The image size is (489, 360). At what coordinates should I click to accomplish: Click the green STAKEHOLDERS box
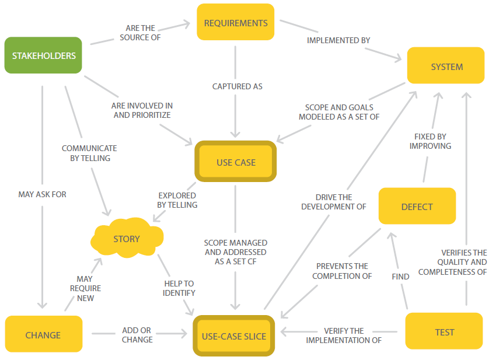tap(43, 55)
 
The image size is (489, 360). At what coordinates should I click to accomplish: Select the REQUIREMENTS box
tap(236, 22)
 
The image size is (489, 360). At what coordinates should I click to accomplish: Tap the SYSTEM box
tap(446, 65)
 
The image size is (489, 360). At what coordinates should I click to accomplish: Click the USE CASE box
tap(236, 161)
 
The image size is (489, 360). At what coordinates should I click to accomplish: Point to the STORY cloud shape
tap(127, 237)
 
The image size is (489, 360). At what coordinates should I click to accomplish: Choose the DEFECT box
tap(417, 206)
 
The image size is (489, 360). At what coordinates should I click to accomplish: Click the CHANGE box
tap(44, 334)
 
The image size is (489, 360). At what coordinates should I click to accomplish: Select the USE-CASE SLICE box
tap(234, 335)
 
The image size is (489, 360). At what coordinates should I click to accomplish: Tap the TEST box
tap(444, 331)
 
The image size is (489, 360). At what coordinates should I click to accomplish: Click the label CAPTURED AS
tap(237, 86)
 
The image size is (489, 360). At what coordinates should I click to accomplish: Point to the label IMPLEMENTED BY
tap(338, 40)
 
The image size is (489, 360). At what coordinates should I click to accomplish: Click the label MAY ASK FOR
tap(42, 194)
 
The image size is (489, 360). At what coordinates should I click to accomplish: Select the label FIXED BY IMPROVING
tap(431, 141)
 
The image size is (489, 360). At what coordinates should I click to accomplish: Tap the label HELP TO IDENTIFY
tap(179, 288)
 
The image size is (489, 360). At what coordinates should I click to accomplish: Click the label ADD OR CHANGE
tap(137, 335)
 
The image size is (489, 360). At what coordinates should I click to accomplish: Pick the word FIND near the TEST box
tap(400, 277)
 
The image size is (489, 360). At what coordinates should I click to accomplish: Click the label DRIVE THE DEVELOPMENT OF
tap(334, 202)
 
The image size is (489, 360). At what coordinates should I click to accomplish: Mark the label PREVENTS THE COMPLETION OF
tap(342, 271)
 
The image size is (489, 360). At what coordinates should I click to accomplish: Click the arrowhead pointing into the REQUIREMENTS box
tap(187, 24)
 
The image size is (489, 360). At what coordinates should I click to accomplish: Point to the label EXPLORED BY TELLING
tap(177, 200)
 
